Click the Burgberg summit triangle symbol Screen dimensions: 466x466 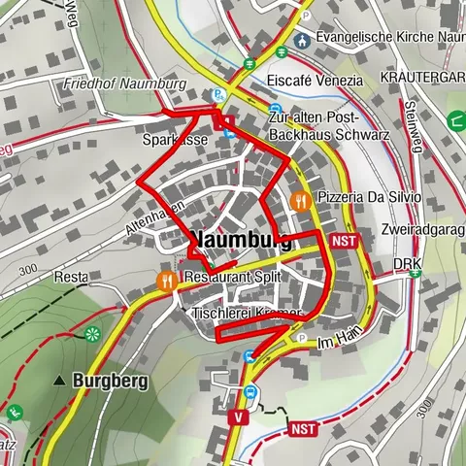[61, 382]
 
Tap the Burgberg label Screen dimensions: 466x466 [110, 382]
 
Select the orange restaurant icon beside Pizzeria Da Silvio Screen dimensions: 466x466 [301, 201]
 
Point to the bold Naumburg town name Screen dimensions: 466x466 [241, 240]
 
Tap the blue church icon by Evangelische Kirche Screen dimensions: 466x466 [302, 40]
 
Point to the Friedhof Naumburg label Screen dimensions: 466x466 [124, 83]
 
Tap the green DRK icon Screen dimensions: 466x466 [416, 272]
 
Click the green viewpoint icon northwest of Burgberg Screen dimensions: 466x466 [93, 334]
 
